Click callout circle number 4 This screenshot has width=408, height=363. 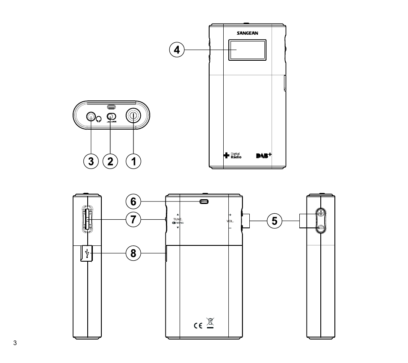(177, 50)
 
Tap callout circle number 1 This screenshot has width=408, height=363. (133, 161)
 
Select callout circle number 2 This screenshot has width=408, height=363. (111, 161)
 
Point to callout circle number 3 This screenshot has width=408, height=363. (90, 161)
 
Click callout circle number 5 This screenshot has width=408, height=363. (275, 221)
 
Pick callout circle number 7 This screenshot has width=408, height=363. (133, 220)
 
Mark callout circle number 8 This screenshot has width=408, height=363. (133, 254)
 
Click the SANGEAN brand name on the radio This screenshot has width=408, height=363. (247, 33)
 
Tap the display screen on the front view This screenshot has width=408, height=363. (246, 50)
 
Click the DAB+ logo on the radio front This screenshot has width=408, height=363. (264, 155)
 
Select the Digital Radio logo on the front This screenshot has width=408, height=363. (233, 156)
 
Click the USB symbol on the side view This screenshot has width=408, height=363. (87, 253)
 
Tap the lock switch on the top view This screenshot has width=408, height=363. (111, 116)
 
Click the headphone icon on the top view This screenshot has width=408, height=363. (100, 119)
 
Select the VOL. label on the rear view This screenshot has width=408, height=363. (230, 221)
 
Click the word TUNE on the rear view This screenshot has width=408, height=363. (177, 219)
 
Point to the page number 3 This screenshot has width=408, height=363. (15, 343)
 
